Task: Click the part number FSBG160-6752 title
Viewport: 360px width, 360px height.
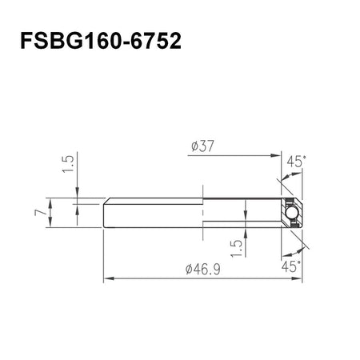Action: click(x=101, y=41)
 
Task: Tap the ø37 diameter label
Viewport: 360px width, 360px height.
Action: click(x=203, y=146)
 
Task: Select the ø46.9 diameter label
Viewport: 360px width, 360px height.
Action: click(x=203, y=270)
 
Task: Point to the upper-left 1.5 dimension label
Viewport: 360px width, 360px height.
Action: click(x=68, y=164)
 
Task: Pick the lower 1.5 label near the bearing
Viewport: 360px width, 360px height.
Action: click(x=237, y=248)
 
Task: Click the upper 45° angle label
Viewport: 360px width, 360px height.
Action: click(x=297, y=162)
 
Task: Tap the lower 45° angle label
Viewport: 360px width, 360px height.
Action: click(x=291, y=266)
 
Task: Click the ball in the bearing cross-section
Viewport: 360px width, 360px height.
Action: click(x=290, y=213)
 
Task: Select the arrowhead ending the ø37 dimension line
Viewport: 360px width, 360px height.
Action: click(x=276, y=155)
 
